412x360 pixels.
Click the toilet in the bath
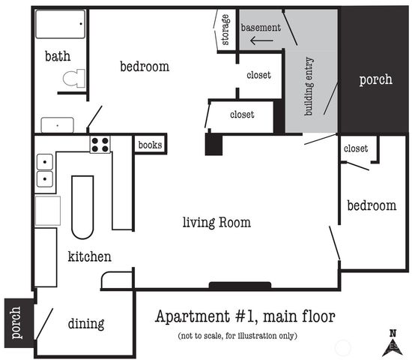coord(74,79)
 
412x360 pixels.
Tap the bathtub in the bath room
coord(61,24)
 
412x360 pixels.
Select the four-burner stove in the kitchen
coord(100,145)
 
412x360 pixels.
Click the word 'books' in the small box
coord(150,145)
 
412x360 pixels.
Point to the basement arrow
coord(261,40)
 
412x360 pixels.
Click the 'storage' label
coord(225,30)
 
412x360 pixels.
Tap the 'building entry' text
coord(309,86)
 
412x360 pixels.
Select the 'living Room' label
coord(216,223)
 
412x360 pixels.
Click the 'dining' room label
coord(86,324)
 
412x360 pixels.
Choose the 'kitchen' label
coord(90,256)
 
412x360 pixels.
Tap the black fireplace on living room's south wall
coord(240,285)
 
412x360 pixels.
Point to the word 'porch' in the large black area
coord(376,79)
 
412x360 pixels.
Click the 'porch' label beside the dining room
coord(16,322)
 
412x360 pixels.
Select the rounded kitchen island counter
coord(82,207)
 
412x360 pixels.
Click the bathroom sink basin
coord(57,125)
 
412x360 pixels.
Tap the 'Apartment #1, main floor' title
coord(245,316)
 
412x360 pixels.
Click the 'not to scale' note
coord(237,336)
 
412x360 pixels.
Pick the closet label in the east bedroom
coord(356,148)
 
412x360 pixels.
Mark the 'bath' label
coord(58,56)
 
